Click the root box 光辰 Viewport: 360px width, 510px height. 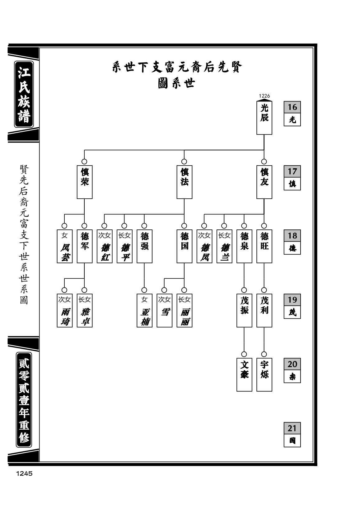(264, 118)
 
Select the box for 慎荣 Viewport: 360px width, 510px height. (84, 182)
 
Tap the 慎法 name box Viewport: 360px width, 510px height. (184, 182)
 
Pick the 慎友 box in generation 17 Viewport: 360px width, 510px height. (264, 182)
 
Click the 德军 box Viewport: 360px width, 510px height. (84, 246)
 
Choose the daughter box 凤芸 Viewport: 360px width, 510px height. (65, 246)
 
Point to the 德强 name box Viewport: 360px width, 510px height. (144, 246)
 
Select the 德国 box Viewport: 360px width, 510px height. (184, 246)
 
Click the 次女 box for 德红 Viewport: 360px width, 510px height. (105, 246)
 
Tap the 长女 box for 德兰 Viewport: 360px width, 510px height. (224, 246)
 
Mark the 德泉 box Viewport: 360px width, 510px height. (244, 246)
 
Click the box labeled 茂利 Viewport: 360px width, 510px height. (264, 310)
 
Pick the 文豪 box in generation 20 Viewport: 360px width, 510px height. (244, 375)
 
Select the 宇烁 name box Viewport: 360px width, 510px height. (264, 375)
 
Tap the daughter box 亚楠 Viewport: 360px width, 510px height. (144, 310)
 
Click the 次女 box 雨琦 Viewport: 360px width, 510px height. (65, 310)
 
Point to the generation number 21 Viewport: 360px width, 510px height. (292, 428)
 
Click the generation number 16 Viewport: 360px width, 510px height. (292, 107)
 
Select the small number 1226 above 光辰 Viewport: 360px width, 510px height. (264, 96)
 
